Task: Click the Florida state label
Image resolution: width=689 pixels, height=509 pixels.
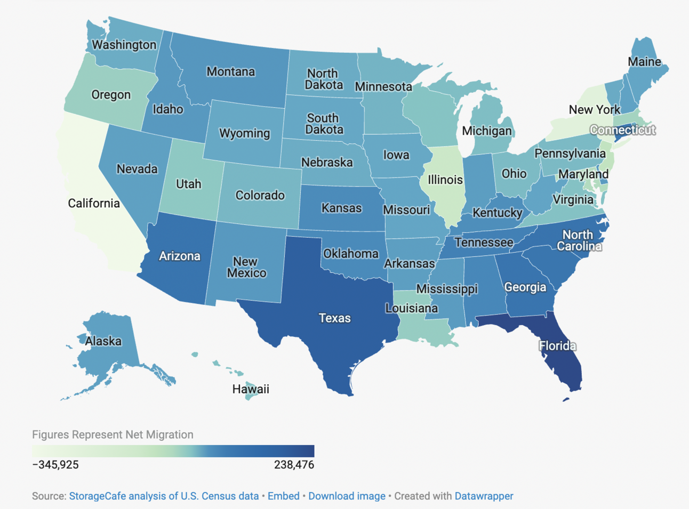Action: [x=557, y=346]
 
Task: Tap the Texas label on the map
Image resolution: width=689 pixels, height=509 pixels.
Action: [x=334, y=318]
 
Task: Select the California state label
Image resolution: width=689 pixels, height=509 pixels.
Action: [x=94, y=203]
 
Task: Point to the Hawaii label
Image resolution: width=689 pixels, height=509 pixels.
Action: [x=251, y=389]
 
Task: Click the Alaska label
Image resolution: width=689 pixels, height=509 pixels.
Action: [x=103, y=341]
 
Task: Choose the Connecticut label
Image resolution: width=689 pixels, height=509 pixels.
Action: [x=622, y=130]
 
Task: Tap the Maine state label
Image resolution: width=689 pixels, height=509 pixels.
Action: [x=644, y=62]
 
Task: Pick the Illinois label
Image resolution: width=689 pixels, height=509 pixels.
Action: [x=445, y=180]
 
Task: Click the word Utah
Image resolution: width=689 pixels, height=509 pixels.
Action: [x=189, y=184]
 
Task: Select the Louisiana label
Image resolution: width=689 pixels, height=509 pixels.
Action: [x=412, y=308]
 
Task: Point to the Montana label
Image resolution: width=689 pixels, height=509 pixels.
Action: [x=230, y=71]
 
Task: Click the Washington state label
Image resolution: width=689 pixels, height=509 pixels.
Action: [x=124, y=45]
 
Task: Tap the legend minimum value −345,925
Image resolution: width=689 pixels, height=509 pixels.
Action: [x=55, y=465]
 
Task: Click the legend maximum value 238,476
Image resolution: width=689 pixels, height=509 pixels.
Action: [x=294, y=465]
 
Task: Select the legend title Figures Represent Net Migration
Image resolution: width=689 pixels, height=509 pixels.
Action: [x=113, y=434]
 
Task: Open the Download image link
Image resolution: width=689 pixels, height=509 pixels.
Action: [x=347, y=496]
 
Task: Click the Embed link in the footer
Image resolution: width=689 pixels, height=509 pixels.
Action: [x=283, y=496]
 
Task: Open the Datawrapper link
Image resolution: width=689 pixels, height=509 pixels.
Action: [x=484, y=496]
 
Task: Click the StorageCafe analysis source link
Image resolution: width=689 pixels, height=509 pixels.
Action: [x=164, y=496]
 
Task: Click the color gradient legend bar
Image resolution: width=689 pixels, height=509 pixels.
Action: [x=173, y=451]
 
